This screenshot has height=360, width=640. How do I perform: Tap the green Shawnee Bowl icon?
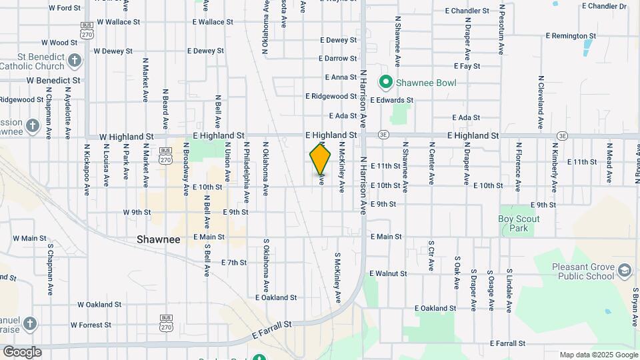(385, 83)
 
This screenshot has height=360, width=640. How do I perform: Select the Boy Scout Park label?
(519, 223)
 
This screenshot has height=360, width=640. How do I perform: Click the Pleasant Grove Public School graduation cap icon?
(624, 271)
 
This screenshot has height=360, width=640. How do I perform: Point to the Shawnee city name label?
(159, 239)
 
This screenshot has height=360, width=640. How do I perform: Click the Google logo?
(21, 352)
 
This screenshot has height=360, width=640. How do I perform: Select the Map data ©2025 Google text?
(598, 355)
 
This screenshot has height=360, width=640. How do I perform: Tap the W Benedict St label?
(53, 80)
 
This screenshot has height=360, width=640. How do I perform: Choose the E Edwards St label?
(392, 100)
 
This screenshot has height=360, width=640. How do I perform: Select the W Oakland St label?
(99, 304)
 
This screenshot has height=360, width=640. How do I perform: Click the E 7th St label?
(234, 263)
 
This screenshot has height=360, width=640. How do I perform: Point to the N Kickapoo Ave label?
(87, 169)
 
